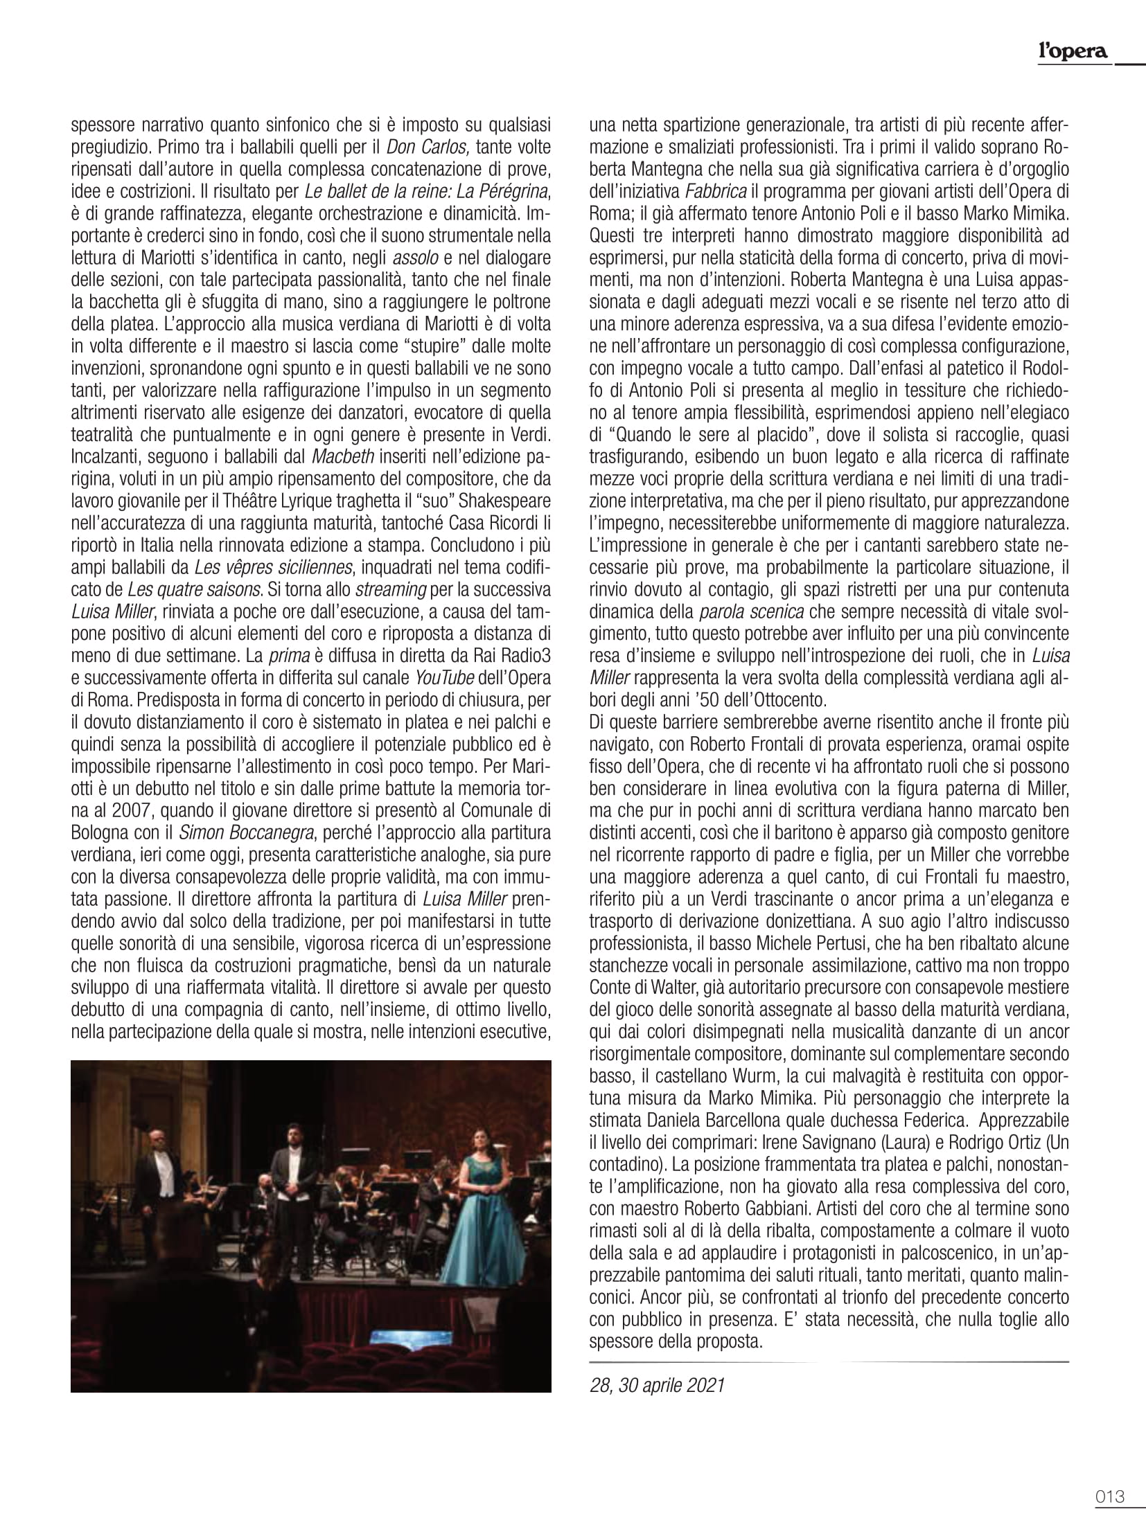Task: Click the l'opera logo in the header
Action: [1073, 51]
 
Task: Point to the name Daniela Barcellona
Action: [712, 1120]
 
